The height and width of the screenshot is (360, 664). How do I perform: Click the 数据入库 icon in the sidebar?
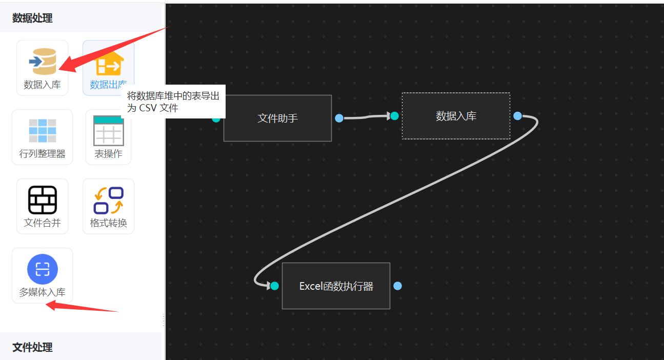tap(42, 62)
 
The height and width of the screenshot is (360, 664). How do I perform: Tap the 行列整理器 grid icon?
tap(42, 131)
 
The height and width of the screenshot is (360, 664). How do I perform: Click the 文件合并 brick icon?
tap(42, 200)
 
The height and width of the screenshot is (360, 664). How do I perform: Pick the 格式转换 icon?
tap(108, 200)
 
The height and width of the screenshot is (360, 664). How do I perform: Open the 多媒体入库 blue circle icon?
tap(42, 269)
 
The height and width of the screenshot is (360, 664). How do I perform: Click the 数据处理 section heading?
tap(32, 18)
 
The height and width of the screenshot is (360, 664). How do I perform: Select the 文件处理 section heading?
tap(32, 347)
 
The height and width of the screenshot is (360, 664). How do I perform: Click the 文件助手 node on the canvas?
tap(277, 118)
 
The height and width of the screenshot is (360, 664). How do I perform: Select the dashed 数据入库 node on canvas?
tap(456, 116)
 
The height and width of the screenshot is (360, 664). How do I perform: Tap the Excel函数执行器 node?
tap(336, 286)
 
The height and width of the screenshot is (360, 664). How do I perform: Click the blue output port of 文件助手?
tap(339, 118)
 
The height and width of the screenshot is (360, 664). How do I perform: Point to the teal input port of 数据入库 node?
tap(394, 116)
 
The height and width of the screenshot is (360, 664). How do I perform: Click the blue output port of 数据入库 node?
tap(517, 116)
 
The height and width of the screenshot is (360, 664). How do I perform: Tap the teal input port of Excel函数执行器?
tap(274, 286)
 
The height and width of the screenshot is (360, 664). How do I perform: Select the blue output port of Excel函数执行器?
tap(397, 286)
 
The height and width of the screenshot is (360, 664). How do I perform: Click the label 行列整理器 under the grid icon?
tap(42, 154)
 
